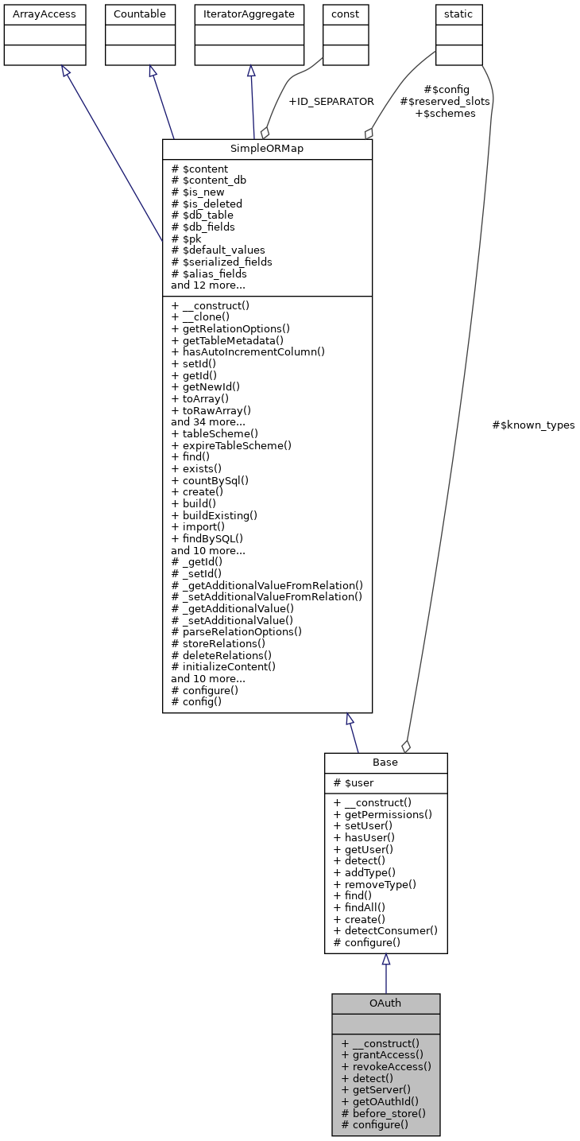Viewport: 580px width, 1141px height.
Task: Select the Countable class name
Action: pos(141,14)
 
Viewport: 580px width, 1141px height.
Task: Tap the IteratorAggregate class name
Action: pos(249,14)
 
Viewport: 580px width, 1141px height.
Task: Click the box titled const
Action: pos(346,14)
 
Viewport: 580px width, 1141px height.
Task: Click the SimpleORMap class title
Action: pos(267,149)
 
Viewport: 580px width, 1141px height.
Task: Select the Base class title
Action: pos(385,763)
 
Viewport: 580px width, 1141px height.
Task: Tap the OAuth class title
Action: pos(385,1003)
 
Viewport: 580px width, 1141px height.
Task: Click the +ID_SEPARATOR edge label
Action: pos(331,102)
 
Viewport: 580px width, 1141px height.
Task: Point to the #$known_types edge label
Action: pos(533,425)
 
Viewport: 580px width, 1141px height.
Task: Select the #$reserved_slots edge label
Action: pos(444,101)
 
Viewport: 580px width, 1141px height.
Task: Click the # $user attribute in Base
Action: pos(354,783)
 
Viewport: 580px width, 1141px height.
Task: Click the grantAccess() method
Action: pos(382,1055)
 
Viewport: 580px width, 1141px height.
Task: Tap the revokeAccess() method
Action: pos(386,1067)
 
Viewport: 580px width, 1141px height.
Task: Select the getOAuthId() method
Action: pos(380,1102)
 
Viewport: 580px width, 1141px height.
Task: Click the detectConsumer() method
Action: pos(385,930)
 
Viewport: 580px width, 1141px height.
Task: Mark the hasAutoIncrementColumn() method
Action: pos(248,351)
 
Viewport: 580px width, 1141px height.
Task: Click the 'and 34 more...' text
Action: pos(208,422)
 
